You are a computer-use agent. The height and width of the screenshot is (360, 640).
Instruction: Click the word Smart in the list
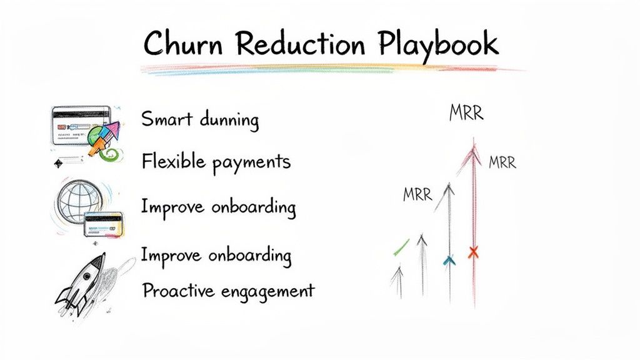[x=166, y=118]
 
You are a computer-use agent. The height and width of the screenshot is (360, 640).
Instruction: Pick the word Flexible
[x=172, y=162]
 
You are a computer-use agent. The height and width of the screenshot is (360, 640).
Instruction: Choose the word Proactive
[x=177, y=291]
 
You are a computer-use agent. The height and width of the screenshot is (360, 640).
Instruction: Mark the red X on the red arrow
[x=473, y=252]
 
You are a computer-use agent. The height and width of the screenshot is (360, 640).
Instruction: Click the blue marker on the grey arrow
[x=447, y=261]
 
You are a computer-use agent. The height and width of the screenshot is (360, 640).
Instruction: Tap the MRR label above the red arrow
[x=466, y=114]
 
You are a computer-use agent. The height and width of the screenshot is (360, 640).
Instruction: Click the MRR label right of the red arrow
[x=502, y=163]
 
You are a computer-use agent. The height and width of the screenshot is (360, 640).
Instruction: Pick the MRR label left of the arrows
[x=417, y=194]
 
